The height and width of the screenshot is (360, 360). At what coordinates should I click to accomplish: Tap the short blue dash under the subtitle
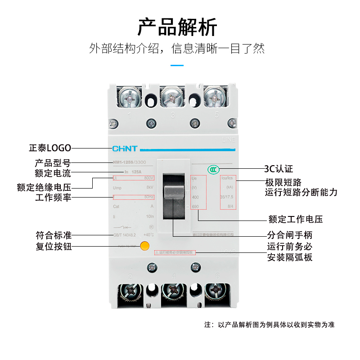click(177, 65)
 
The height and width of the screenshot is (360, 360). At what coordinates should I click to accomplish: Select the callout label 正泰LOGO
click(50, 148)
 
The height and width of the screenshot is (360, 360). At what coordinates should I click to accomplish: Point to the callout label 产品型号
click(53, 163)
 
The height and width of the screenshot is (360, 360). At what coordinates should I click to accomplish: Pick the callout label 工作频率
click(53, 198)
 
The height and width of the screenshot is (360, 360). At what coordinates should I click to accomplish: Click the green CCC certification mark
click(213, 170)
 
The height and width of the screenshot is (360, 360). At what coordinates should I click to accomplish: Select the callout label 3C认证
click(278, 169)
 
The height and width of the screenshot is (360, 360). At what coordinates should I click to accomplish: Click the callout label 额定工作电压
click(295, 220)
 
